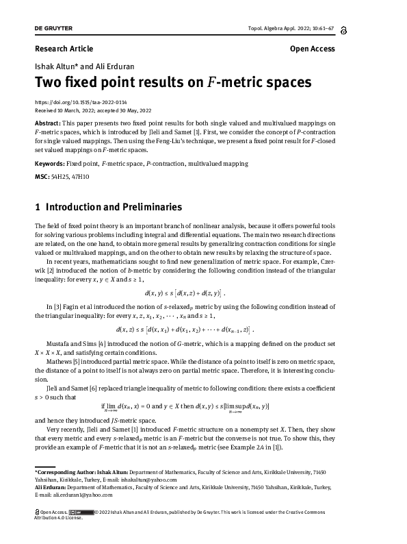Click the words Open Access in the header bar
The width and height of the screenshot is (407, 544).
313,49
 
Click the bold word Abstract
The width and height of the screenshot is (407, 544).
47,122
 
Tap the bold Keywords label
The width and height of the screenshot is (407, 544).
49,164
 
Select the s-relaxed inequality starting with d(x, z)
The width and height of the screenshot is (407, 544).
203,310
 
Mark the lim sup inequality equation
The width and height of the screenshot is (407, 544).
202,408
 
